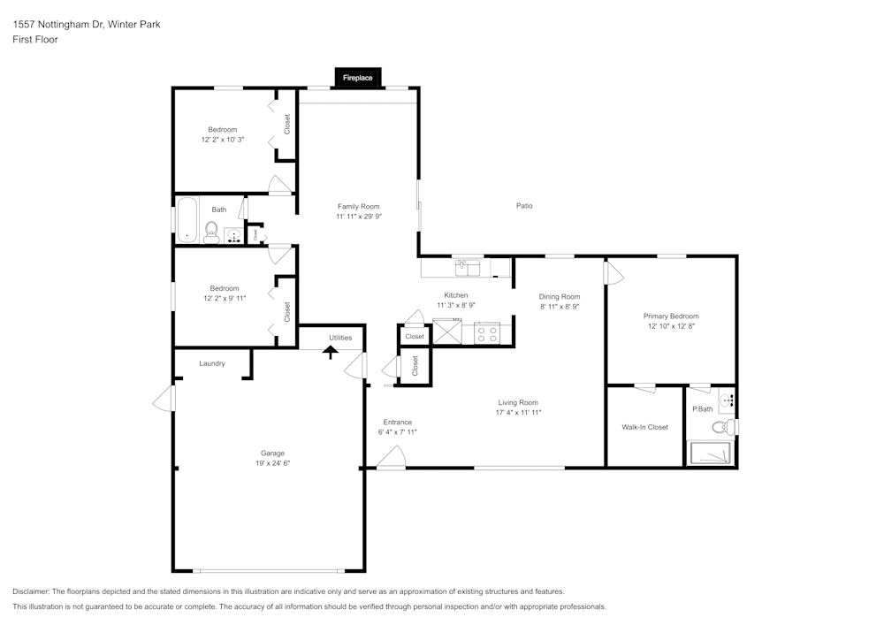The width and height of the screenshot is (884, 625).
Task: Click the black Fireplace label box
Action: click(358, 78)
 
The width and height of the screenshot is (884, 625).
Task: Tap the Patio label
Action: click(524, 206)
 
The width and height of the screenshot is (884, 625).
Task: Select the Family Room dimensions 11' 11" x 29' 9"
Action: click(358, 217)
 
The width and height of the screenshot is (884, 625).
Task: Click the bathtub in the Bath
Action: click(187, 220)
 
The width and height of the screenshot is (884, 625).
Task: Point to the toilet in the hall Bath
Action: click(211, 232)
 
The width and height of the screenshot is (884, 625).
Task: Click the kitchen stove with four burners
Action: click(487, 332)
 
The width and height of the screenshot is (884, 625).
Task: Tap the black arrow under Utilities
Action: click(331, 351)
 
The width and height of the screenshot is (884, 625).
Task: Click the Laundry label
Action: click(212, 363)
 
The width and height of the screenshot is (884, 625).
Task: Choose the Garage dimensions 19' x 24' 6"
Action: click(272, 463)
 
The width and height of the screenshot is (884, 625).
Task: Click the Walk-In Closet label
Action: click(644, 427)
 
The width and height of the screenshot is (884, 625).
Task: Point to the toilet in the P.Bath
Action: click(722, 428)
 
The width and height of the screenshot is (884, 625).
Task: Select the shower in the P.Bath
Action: click(711, 453)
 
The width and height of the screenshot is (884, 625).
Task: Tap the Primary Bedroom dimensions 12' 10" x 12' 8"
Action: click(671, 326)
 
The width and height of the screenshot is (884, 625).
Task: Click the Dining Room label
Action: click(560, 296)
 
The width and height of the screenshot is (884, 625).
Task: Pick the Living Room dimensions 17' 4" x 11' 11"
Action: click(517, 413)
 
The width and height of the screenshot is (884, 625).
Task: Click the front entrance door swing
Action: click(391, 457)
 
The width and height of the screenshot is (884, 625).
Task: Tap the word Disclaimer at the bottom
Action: click(31, 591)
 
